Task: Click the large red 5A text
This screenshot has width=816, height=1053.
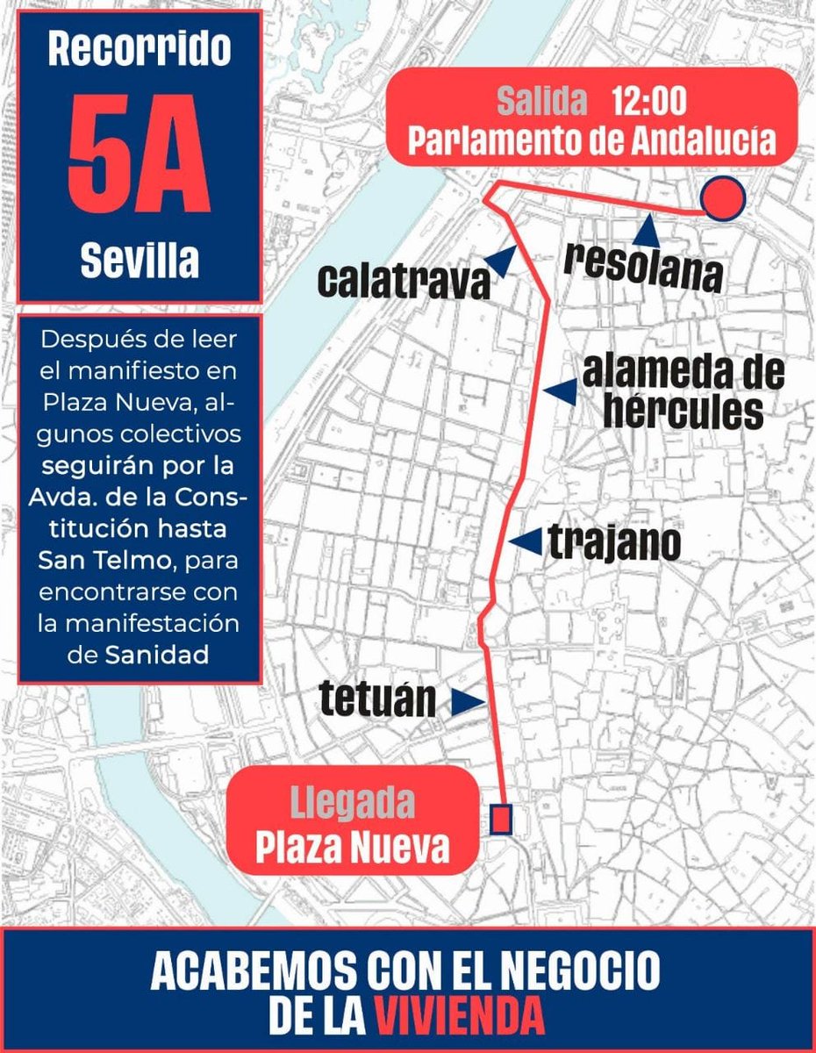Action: [140, 161]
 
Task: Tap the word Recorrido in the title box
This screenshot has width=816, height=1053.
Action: [140, 51]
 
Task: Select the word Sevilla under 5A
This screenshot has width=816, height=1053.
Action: [140, 261]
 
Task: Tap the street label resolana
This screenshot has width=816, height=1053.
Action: [644, 268]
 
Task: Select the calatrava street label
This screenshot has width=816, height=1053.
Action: [403, 282]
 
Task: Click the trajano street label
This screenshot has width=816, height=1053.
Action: [614, 544]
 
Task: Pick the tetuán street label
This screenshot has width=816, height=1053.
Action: [377, 699]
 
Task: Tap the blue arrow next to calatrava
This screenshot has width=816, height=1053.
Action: [502, 261]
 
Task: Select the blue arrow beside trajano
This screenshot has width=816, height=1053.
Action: [526, 543]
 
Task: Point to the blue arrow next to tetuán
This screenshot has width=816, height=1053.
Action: [469, 700]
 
